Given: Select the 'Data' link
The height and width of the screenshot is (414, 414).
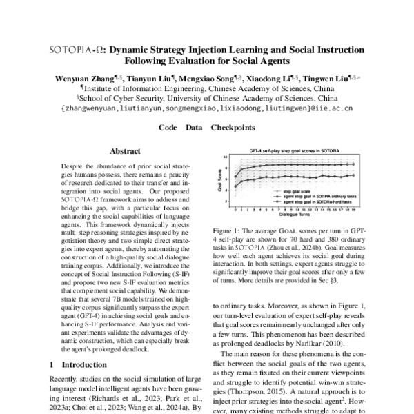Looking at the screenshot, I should coord(194,128).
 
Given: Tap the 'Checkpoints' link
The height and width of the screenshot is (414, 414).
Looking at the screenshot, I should coord(234,128).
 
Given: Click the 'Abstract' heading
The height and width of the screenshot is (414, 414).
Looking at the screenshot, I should coord(126,150).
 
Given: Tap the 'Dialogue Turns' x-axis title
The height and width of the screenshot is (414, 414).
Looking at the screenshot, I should coord(296,214).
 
